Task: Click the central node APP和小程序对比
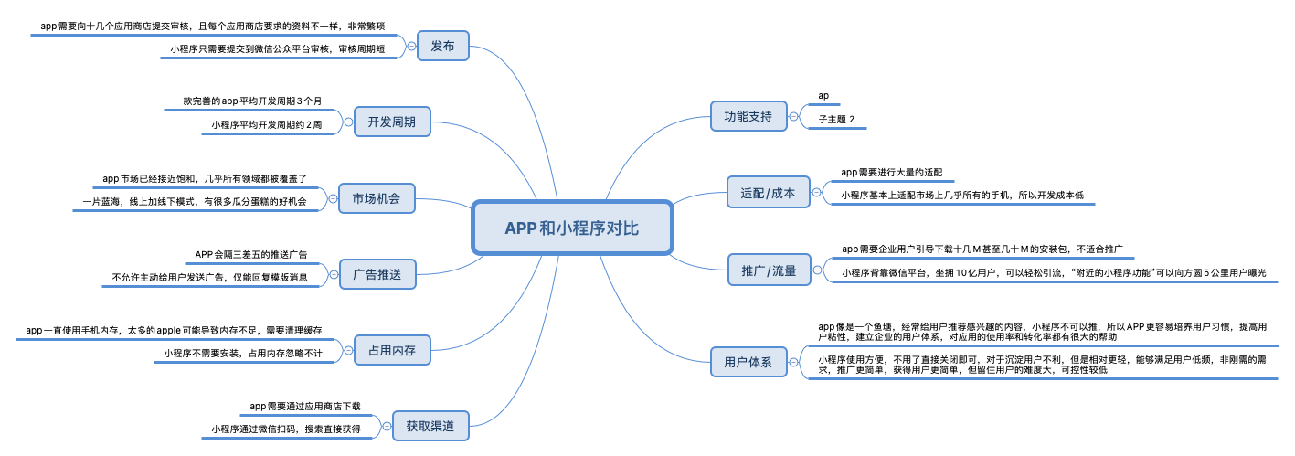click(572, 228)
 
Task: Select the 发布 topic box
click(442, 46)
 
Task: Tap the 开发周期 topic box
click(391, 122)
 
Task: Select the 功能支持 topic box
click(748, 116)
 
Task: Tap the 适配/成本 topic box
click(768, 194)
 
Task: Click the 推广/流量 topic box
click(769, 270)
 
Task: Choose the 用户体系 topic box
click(748, 362)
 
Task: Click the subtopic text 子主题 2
click(836, 120)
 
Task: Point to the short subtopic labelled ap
click(823, 95)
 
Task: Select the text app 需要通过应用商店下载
click(304, 406)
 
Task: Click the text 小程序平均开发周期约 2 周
click(266, 124)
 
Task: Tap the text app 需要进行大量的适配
click(891, 172)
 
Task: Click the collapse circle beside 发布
click(411, 46)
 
